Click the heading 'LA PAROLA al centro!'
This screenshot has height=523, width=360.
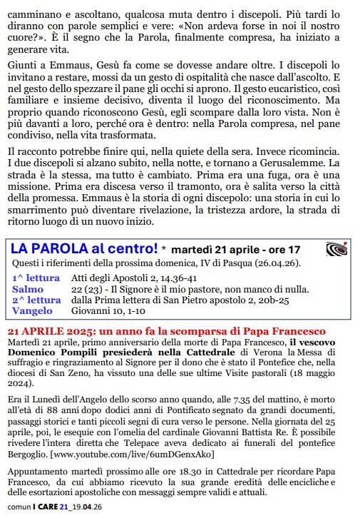83,249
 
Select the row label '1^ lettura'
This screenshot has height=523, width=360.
36,277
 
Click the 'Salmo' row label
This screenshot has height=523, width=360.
28,289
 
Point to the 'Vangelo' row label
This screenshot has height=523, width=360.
33,311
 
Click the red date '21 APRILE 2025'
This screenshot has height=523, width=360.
51,332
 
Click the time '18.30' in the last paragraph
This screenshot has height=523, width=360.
180,472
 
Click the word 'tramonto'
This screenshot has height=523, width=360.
201,186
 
